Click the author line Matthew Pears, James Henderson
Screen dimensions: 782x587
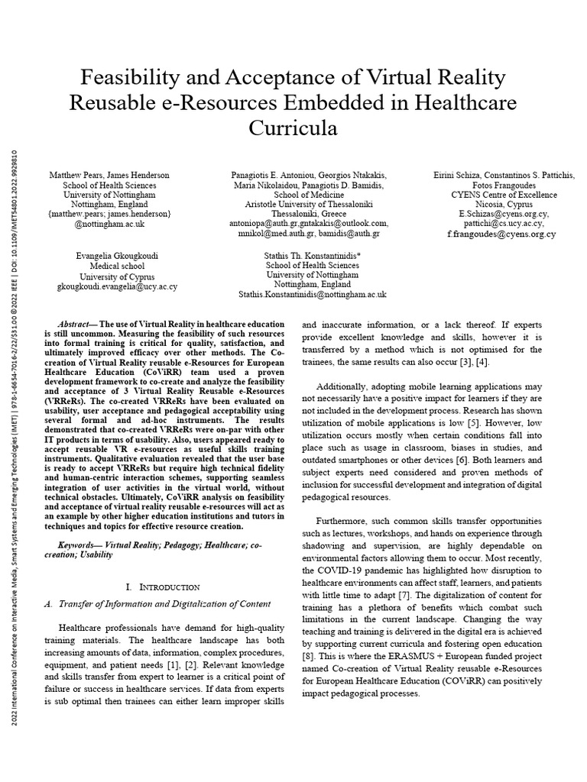tap(109, 176)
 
